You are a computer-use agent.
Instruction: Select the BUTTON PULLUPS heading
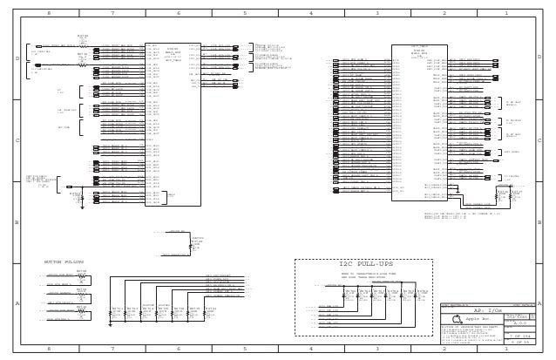tap(64, 261)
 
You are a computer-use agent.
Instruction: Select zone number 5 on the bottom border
tap(245, 348)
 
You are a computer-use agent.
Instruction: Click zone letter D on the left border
tap(17, 57)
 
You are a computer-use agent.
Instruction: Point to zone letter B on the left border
tap(17, 221)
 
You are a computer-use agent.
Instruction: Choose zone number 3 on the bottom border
tap(377, 348)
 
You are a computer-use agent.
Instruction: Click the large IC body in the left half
tap(173, 122)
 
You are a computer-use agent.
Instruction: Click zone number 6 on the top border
tap(179, 14)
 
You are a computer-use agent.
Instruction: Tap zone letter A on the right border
tap(539, 302)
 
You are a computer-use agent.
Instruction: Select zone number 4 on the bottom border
tap(311, 348)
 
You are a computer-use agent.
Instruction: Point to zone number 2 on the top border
tap(444, 14)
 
